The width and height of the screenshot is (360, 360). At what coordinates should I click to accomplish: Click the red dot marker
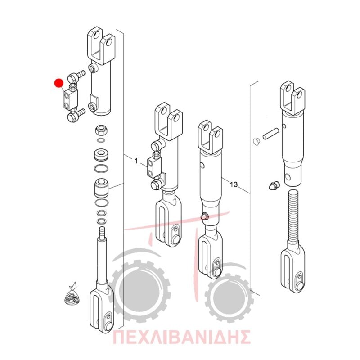[59, 83]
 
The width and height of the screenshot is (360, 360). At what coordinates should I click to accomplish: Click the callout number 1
[136, 161]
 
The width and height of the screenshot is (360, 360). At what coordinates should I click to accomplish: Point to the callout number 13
[234, 184]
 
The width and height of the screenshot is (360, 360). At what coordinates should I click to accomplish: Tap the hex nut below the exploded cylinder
[100, 130]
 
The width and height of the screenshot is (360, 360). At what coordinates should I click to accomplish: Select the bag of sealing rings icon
[72, 295]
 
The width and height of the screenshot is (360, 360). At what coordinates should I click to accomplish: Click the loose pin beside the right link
[271, 133]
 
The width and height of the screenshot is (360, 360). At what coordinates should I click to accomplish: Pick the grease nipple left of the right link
[274, 185]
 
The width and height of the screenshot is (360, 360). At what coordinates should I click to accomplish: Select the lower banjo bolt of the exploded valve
[76, 116]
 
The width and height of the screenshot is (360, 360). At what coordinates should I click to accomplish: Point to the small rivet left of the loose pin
[256, 142]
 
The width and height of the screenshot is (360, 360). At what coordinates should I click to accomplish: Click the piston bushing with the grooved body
[101, 188]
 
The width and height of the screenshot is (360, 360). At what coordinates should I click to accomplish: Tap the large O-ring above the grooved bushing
[101, 168]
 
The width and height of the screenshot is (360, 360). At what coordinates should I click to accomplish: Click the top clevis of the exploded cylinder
[101, 46]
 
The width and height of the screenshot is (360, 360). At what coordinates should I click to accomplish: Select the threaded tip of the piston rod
[102, 232]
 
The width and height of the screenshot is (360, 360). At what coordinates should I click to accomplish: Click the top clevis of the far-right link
[293, 97]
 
